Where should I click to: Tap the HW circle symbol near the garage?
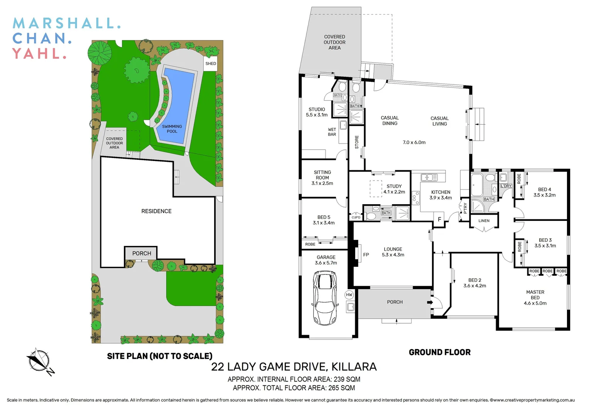tap(349, 295)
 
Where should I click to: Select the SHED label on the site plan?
tap(211, 64)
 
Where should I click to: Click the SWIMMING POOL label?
tap(172, 129)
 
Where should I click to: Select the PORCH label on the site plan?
tap(142, 253)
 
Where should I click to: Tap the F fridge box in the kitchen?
tap(439, 219)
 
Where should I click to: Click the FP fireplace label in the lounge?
tap(366, 255)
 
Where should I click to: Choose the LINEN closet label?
tap(484, 221)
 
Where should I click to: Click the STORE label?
tap(357, 142)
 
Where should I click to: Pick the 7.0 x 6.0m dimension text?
tap(414, 142)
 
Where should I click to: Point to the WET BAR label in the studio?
tap(332, 132)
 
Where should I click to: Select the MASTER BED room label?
tap(535, 295)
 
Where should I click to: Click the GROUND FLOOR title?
tap(439, 352)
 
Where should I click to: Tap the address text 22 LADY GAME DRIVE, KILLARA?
tap(294, 367)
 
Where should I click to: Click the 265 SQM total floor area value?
tap(341, 388)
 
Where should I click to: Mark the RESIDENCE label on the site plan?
tap(156, 211)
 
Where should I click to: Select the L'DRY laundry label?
tap(506, 186)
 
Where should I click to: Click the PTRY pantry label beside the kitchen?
tap(465, 208)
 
